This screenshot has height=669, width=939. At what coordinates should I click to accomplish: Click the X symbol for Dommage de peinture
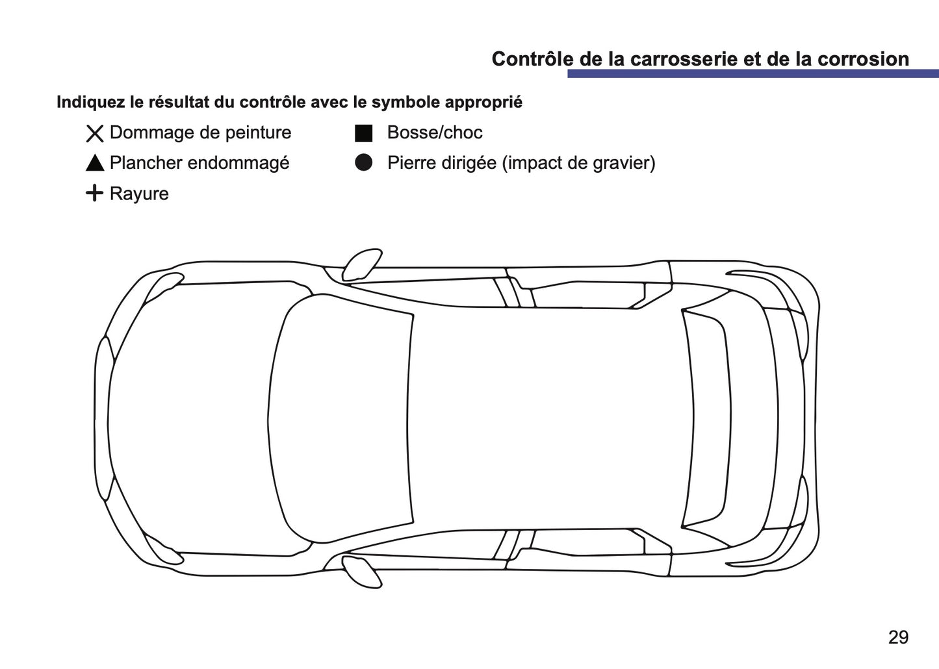(x=95, y=134)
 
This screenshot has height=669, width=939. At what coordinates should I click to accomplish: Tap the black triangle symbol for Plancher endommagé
(x=95, y=163)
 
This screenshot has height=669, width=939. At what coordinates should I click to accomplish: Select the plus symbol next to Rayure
(x=95, y=193)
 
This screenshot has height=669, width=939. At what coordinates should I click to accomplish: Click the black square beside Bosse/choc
(x=363, y=133)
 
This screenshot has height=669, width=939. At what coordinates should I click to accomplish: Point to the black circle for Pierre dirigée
(x=364, y=163)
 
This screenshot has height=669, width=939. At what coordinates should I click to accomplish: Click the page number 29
(x=898, y=637)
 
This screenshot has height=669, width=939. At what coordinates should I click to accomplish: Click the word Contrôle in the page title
(x=529, y=59)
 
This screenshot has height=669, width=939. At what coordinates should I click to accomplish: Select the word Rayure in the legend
(x=139, y=194)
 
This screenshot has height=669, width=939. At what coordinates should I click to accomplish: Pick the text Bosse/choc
(x=435, y=133)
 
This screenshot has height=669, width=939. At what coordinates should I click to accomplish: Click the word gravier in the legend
(x=623, y=163)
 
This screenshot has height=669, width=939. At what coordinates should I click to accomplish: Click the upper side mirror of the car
(x=361, y=263)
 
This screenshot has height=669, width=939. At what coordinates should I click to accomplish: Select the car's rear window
(x=705, y=418)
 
